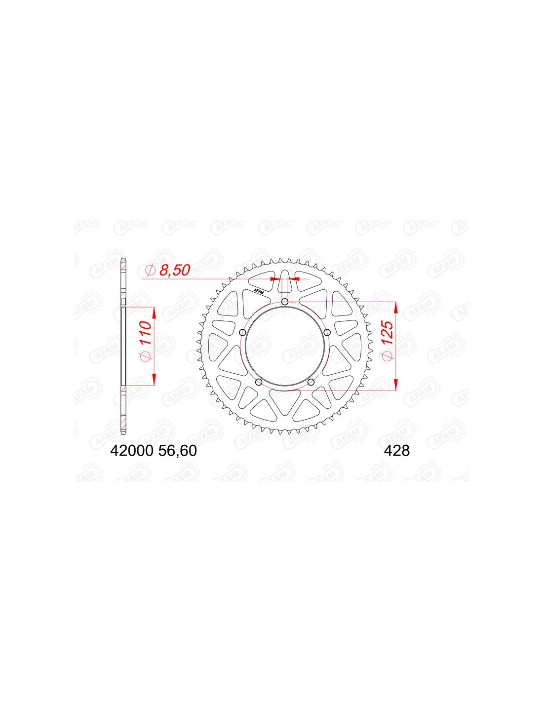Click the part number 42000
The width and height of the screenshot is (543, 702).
point(131,451)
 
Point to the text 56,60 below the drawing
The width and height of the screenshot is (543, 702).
point(177,451)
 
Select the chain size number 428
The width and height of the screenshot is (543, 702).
point(397,451)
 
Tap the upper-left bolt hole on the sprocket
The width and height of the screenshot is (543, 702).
point(242,332)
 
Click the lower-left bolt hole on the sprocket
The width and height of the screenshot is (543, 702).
point(258,383)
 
